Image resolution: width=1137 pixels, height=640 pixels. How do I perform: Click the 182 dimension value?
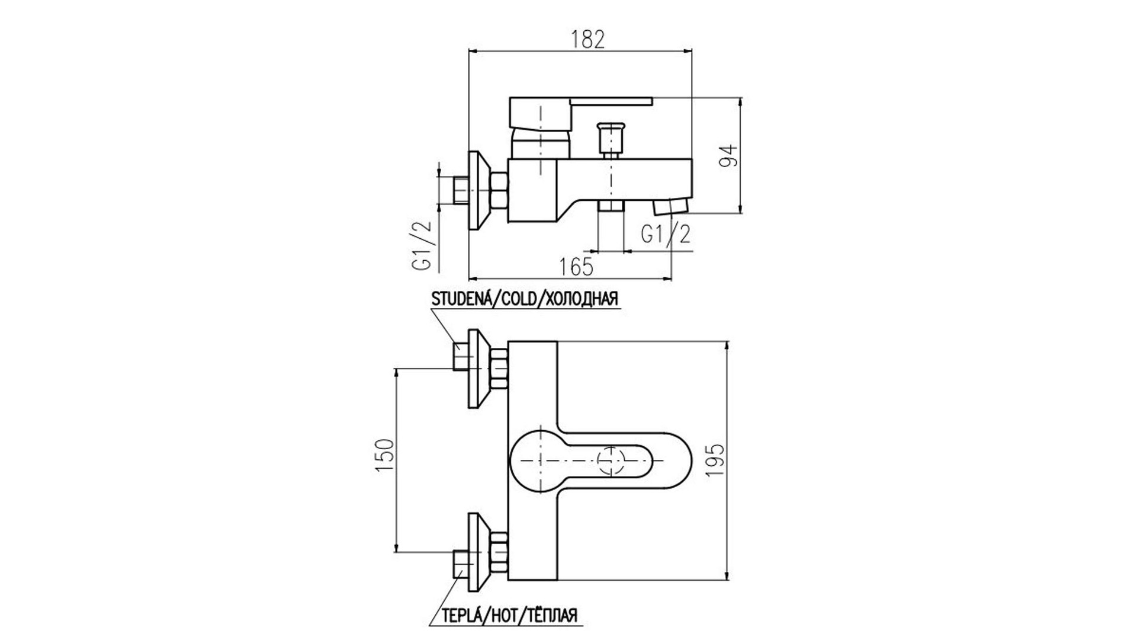tap(588, 39)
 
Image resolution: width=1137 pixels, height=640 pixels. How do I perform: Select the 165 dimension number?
tap(576, 267)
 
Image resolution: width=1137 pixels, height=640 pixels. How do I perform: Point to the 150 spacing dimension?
tap(384, 456)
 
